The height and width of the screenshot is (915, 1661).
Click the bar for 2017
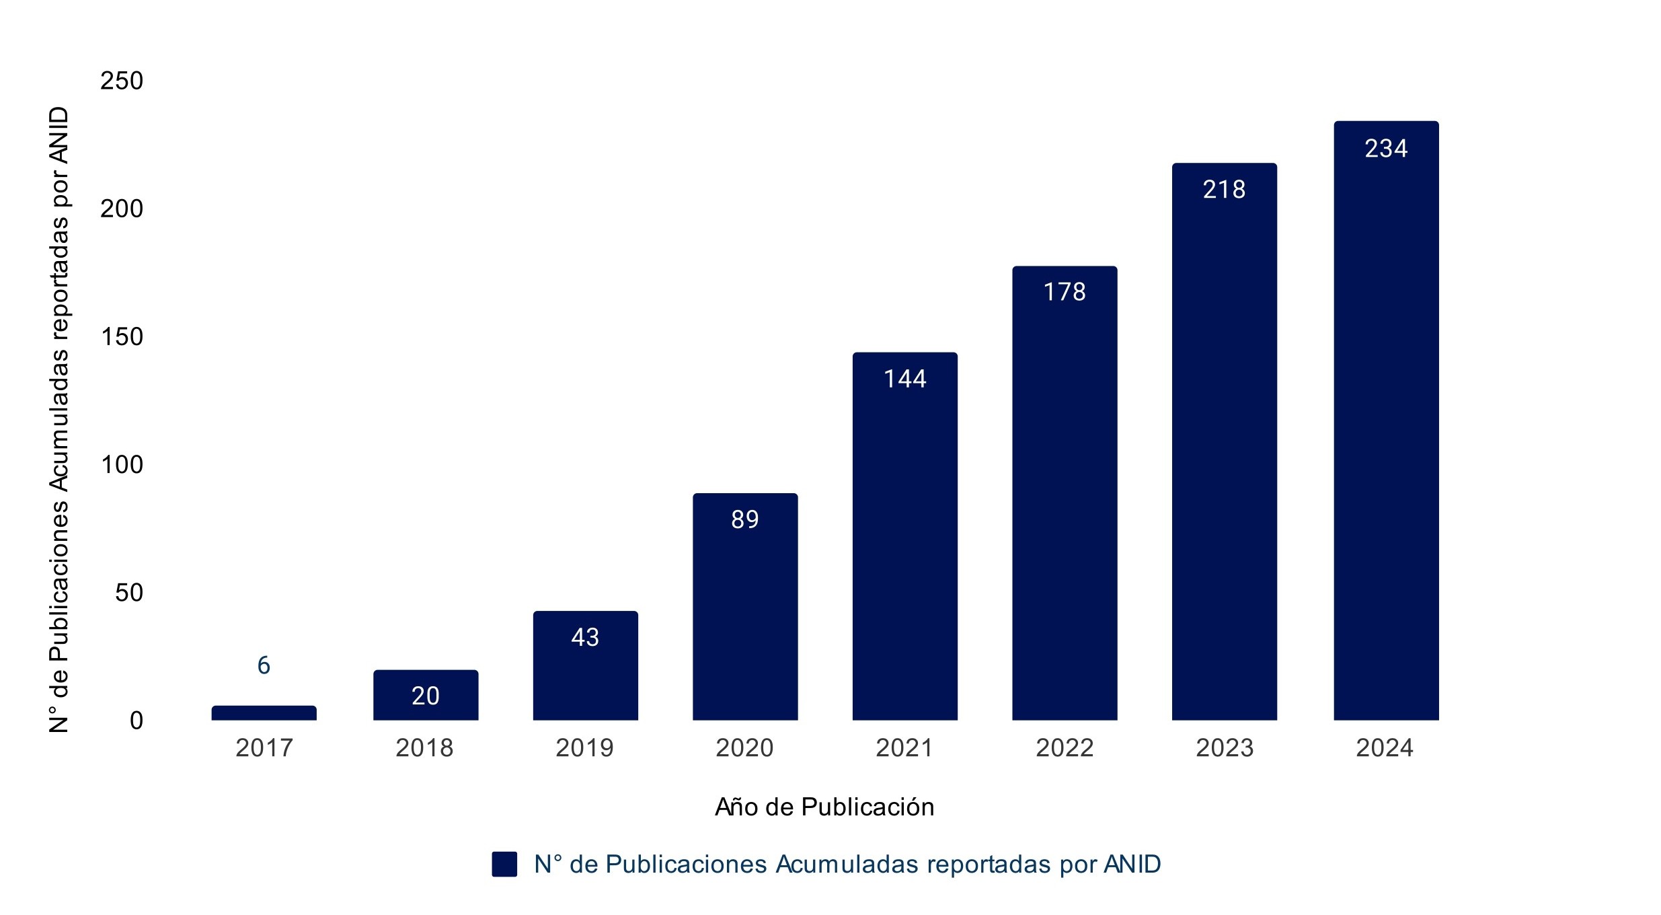pyautogui.click(x=264, y=713)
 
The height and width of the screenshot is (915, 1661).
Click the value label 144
pyautogui.click(x=905, y=379)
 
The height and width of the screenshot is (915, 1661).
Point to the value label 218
pyautogui.click(x=1224, y=190)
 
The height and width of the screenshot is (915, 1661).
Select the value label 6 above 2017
pyautogui.click(x=264, y=665)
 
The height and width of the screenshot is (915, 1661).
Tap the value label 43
pyautogui.click(x=585, y=637)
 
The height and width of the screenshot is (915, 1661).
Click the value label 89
pyautogui.click(x=745, y=519)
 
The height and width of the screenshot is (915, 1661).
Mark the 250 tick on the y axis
pyautogui.click(x=122, y=81)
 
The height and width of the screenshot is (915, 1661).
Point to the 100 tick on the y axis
pyautogui.click(x=122, y=464)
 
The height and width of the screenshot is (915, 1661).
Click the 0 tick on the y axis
pyautogui.click(x=137, y=721)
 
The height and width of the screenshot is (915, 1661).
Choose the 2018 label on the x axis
pyautogui.click(x=424, y=748)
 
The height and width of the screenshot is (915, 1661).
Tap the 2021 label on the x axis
pyautogui.click(x=904, y=748)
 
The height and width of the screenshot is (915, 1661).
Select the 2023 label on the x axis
pyautogui.click(x=1225, y=748)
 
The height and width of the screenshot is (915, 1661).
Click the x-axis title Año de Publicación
pyautogui.click(x=824, y=807)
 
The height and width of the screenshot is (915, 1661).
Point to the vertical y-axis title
pyautogui.click(x=59, y=418)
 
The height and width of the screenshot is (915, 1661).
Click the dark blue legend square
pyautogui.click(x=504, y=864)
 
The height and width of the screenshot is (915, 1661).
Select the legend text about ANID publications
pyautogui.click(x=847, y=864)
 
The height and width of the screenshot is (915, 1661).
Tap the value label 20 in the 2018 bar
pyautogui.click(x=426, y=696)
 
